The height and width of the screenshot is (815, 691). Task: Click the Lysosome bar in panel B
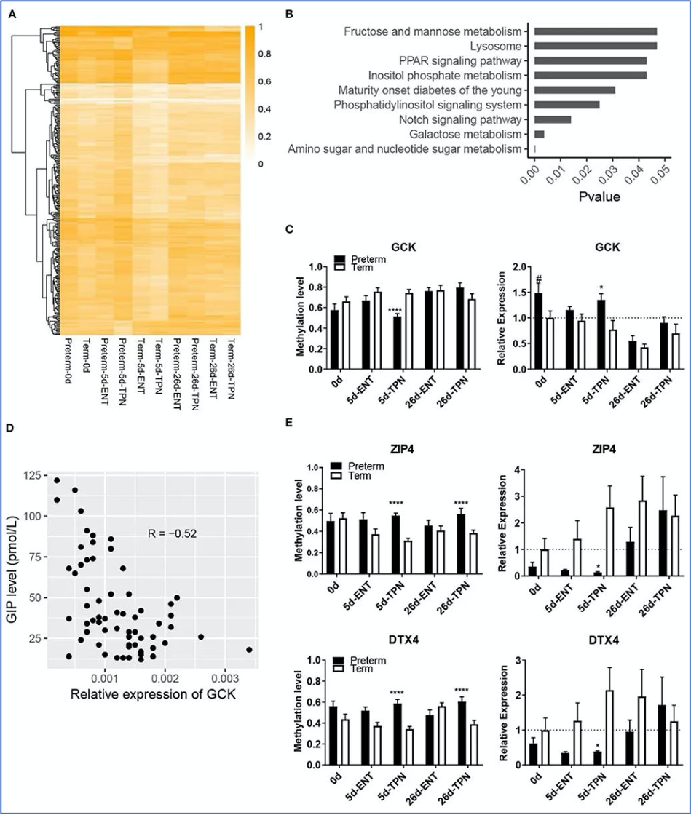point(596,47)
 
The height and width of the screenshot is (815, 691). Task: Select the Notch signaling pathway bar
point(553,119)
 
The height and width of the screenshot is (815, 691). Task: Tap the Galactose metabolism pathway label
point(465,135)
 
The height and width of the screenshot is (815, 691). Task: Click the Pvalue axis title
point(599,196)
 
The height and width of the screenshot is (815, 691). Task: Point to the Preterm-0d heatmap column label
point(67,361)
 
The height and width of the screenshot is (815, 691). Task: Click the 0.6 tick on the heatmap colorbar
point(264,81)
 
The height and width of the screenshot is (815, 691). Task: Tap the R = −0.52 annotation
point(172,533)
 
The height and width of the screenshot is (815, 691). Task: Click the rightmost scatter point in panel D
point(249,650)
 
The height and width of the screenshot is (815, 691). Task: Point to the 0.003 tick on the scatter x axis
point(225,680)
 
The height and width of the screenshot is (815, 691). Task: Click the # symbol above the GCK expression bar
point(538,278)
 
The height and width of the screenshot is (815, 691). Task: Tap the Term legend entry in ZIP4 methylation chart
point(352,476)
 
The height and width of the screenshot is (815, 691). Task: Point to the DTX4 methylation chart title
point(403,640)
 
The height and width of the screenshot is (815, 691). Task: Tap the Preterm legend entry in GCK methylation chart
point(359,259)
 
